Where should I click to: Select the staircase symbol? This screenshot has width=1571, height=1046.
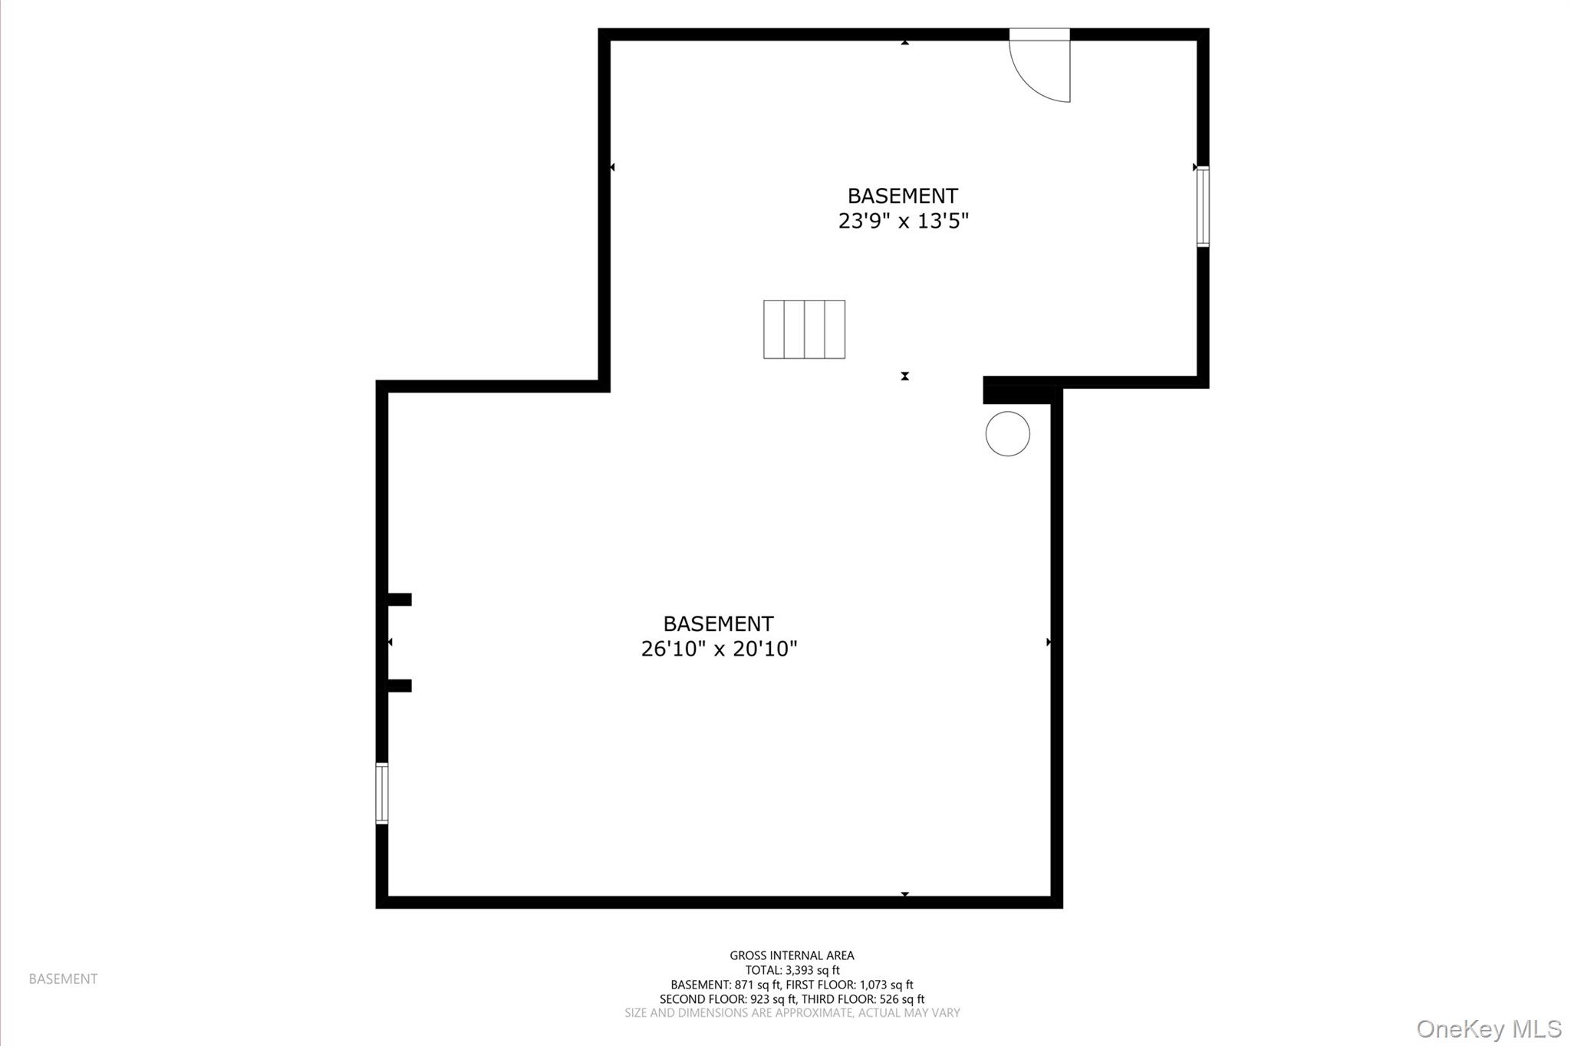click(x=804, y=329)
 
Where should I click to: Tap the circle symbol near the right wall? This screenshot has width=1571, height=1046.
click(x=1007, y=434)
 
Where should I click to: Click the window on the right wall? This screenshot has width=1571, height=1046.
click(x=1203, y=206)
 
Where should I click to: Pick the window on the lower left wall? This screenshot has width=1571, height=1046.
click(x=381, y=793)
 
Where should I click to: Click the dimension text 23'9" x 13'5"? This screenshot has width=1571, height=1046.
click(x=903, y=221)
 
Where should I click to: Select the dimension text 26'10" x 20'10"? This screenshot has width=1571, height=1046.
click(x=719, y=649)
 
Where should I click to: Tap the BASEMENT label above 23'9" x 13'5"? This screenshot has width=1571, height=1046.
click(x=902, y=196)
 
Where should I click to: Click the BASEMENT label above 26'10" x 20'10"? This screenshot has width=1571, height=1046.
click(x=718, y=623)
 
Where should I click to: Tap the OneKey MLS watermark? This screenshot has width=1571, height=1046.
click(x=1489, y=1028)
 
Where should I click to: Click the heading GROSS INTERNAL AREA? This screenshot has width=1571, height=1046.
click(x=792, y=956)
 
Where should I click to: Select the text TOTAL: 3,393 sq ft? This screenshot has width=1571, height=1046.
click(x=792, y=970)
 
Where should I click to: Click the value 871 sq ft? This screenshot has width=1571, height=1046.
click(x=756, y=985)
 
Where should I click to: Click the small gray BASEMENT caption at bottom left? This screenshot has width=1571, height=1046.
click(x=63, y=979)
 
